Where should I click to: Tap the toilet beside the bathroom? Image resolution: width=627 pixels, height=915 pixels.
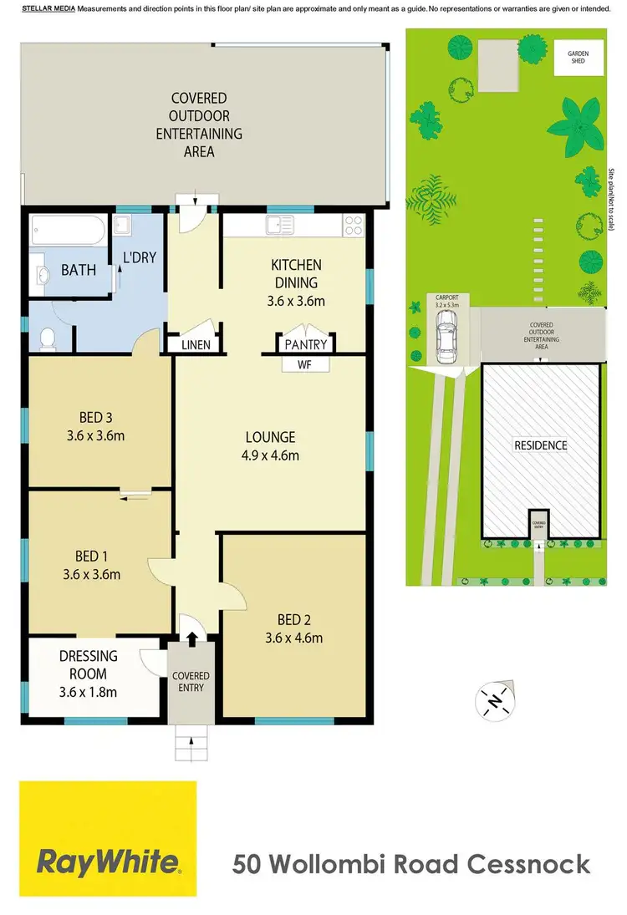click(x=48, y=338)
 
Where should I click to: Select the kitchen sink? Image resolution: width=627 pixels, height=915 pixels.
click(x=275, y=224)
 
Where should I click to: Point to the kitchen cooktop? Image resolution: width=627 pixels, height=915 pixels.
click(x=353, y=225)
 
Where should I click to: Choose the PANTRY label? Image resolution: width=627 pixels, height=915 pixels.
click(x=307, y=344)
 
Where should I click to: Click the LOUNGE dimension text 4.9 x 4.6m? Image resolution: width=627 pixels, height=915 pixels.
click(x=270, y=455)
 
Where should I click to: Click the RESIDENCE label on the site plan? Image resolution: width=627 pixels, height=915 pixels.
click(x=540, y=445)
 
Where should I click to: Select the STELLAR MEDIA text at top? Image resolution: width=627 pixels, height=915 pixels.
click(x=48, y=8)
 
